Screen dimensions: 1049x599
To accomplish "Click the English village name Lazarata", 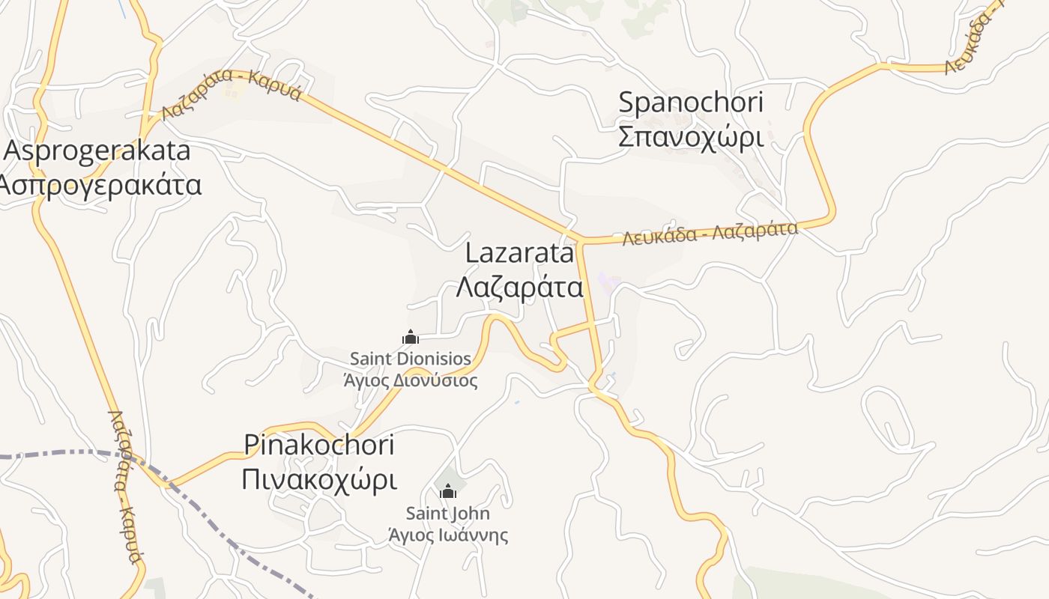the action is (x=519, y=253).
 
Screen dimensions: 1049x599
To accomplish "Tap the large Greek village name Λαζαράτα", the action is (x=519, y=287).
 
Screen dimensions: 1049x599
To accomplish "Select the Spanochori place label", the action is (x=690, y=103).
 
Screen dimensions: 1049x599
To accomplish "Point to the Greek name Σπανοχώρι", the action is (x=690, y=137).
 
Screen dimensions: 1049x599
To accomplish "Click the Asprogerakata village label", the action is (x=97, y=150).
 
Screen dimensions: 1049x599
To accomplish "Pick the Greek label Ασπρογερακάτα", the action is (x=100, y=184).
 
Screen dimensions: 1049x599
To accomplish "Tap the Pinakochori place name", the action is (x=319, y=445).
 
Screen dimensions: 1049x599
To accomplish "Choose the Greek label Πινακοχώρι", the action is (x=319, y=479).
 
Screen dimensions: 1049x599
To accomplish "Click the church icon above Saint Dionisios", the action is (x=411, y=338).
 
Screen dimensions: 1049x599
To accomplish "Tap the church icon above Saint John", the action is (x=448, y=492).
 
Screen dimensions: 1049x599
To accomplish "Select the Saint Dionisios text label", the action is (x=411, y=359).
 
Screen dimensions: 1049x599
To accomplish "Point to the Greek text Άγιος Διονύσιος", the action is (x=411, y=380).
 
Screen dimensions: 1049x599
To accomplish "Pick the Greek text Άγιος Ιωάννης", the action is (x=448, y=535).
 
